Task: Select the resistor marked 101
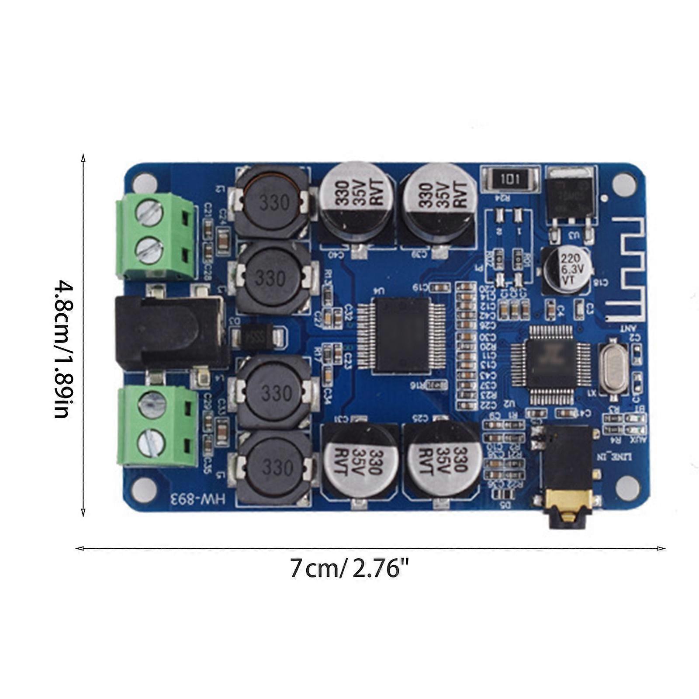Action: pyautogui.click(x=510, y=179)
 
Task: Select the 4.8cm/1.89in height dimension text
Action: pyautogui.click(x=62, y=349)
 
